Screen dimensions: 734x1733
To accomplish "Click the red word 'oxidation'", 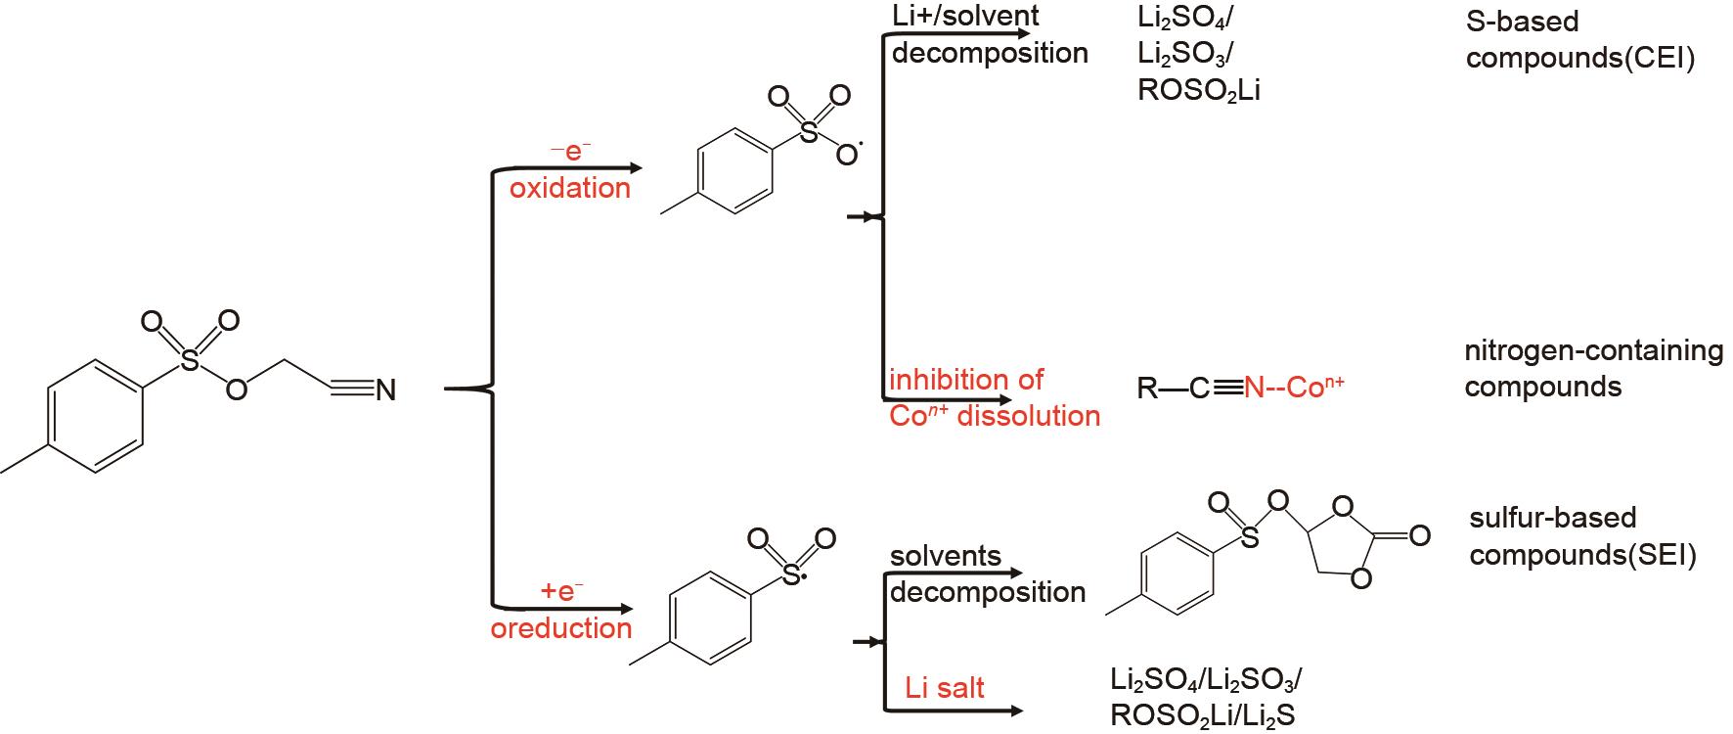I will point(570,188).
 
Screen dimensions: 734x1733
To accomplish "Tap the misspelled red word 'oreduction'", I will point(561,628).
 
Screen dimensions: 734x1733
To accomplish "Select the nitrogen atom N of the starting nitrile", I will point(385,390).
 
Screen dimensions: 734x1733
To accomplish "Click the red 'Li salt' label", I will point(945,688).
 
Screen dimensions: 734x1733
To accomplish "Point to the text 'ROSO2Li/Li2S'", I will point(1202,715).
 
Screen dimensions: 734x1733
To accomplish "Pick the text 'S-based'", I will point(1509,21).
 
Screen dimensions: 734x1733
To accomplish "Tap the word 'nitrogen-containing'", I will point(1593,350).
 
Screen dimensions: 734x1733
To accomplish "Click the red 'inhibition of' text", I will point(966,379).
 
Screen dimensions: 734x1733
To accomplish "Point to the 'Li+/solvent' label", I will point(965,16).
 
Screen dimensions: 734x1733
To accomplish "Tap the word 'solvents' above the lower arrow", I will point(946,556).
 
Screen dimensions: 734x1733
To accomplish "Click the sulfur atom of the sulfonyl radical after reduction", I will point(791,578).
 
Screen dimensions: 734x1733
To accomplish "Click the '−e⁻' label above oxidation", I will point(570,152).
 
